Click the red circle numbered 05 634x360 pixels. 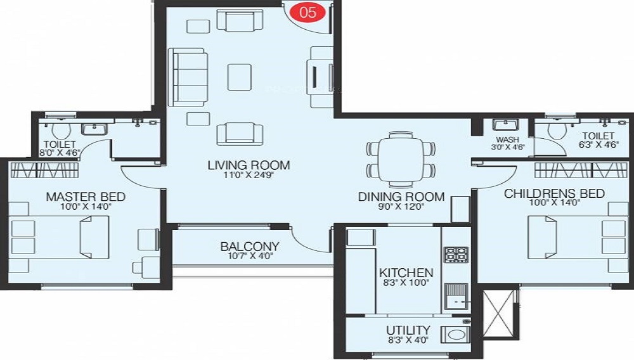pos(307,13)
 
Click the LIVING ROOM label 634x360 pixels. pos(249,165)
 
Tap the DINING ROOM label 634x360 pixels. pos(401,196)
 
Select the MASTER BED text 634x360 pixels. pos(86,196)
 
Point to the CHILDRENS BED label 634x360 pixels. pos(554,193)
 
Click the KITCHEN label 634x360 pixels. pos(406,272)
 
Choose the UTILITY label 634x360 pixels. pos(408,330)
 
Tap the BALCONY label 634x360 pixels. pos(250,246)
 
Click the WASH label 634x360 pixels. pos(507,139)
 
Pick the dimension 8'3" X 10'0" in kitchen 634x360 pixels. pos(406,283)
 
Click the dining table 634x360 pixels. pos(401,157)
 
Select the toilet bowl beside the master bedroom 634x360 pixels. pos(61,131)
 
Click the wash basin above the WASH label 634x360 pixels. pos(505,124)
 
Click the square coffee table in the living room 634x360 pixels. pos(238,77)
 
